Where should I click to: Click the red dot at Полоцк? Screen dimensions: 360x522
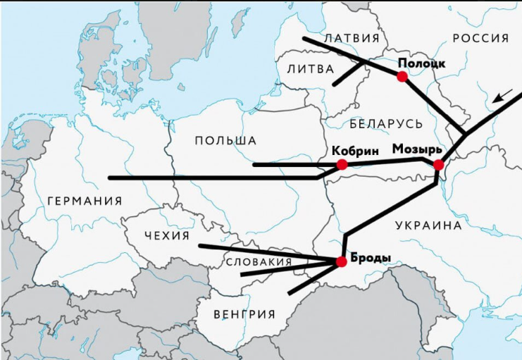click(x=402, y=76)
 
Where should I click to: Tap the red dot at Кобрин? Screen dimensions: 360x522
click(x=342, y=164)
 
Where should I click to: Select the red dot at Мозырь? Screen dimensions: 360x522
click(x=438, y=165)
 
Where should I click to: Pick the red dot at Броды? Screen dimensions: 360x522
click(x=342, y=261)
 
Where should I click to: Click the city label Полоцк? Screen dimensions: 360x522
click(x=421, y=62)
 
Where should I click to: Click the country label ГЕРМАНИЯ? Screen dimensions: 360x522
click(x=85, y=201)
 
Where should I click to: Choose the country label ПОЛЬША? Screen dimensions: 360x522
click(x=225, y=141)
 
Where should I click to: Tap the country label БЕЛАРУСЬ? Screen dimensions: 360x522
click(x=386, y=124)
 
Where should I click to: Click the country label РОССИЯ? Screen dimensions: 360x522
click(x=480, y=38)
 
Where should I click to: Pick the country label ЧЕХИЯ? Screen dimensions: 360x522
click(x=166, y=235)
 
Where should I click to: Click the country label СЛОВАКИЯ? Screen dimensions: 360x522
click(x=259, y=262)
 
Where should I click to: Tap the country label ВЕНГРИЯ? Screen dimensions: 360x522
click(x=246, y=314)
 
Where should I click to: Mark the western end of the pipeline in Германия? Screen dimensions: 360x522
click(x=110, y=178)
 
